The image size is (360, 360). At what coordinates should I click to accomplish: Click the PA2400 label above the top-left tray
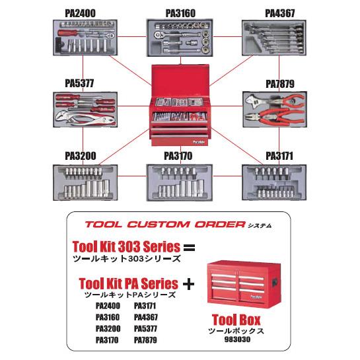coord(80,13)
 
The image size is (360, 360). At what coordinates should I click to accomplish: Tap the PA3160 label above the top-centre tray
coord(180,13)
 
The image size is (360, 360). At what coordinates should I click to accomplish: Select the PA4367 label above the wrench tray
coord(280,13)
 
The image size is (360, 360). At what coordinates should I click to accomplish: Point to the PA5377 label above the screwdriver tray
coord(79,83)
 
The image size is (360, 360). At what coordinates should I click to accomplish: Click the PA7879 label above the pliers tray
coord(280,84)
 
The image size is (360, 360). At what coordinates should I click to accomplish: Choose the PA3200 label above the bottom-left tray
coord(81,156)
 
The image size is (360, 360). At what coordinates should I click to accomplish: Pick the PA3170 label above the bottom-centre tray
coord(178,156)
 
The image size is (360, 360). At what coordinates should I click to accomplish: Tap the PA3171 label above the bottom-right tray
coord(279,156)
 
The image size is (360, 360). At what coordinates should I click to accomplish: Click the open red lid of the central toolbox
coord(180,81)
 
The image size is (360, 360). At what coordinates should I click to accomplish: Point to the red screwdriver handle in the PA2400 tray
coord(67,33)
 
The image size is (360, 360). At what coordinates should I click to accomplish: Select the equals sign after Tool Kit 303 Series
coord(189,248)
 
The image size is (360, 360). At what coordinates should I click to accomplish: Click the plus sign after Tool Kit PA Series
coord(188,285)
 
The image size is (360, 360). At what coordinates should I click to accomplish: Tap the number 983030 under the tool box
coord(237,340)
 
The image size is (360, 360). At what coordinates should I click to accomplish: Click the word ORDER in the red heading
coord(220,225)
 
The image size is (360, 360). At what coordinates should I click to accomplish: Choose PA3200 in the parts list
coord(108,328)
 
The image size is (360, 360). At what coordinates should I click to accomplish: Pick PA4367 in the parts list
coord(146,317)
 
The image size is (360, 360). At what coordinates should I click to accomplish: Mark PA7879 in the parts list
coord(145,340)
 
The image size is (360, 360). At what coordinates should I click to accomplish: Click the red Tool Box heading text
coord(236,320)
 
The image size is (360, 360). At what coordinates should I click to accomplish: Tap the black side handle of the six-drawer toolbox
coord(275,281)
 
